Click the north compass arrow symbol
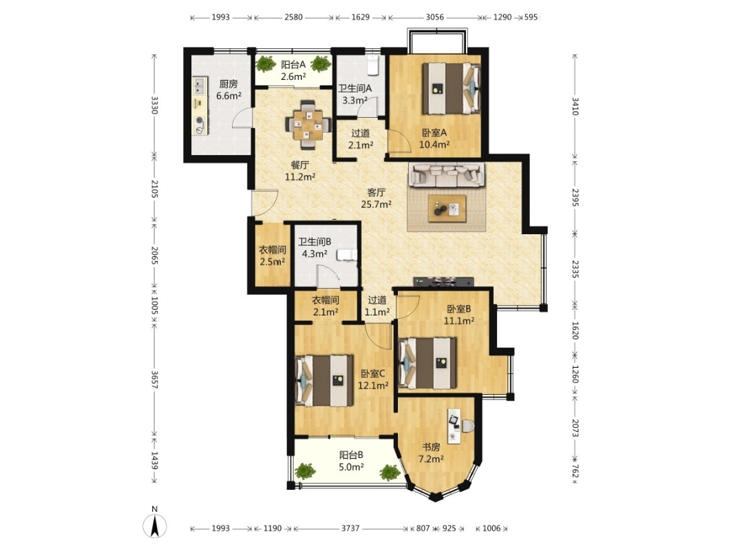156,526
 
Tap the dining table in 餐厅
307,125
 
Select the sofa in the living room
447,174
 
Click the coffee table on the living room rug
447,208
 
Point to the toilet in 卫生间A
372,65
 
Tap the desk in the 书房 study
454,426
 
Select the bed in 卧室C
324,381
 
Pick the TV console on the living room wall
443,281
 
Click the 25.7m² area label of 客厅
377,204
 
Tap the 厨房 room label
229,84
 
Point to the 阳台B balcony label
351,455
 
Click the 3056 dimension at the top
434,17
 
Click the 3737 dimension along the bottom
350,528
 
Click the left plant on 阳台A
266,64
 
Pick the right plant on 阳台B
390,473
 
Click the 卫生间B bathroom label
315,242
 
